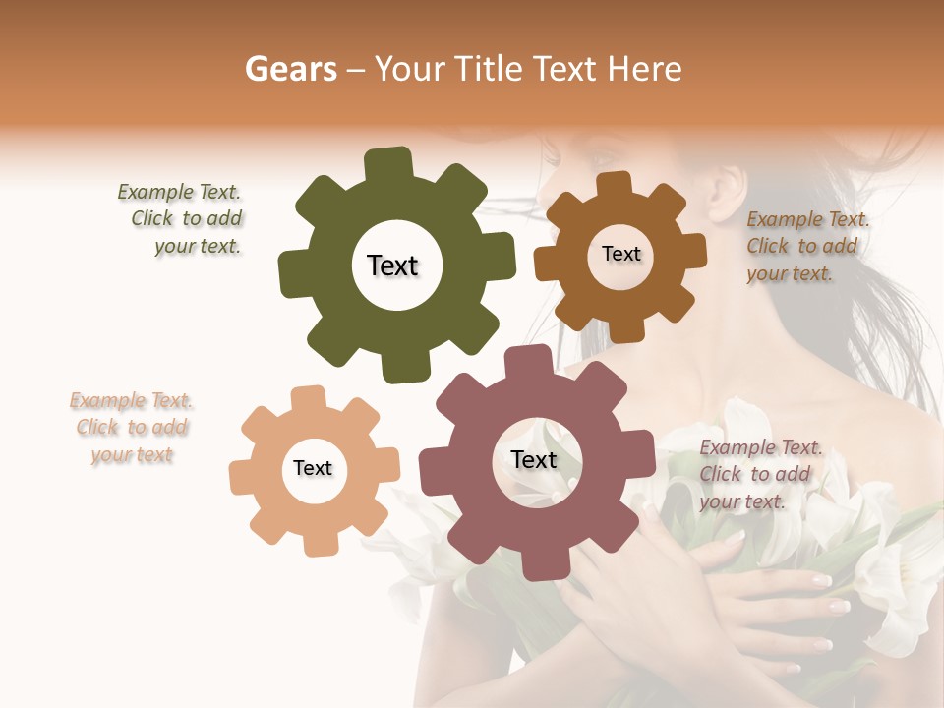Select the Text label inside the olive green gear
click(392, 265)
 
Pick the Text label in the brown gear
click(620, 254)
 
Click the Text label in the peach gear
click(313, 469)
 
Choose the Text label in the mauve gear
click(534, 460)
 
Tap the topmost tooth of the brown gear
click(615, 185)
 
